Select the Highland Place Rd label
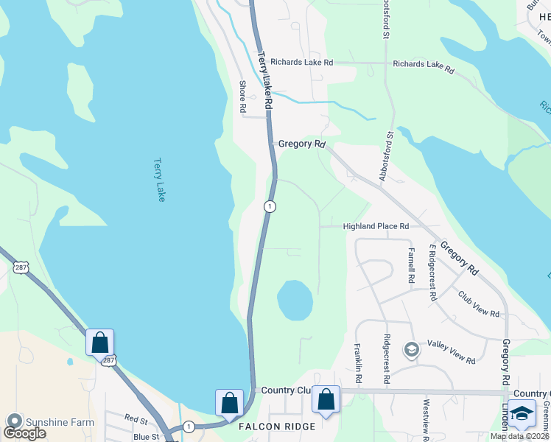click(376, 226)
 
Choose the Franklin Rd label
click(357, 362)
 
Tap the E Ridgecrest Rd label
click(432, 273)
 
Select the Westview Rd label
click(426, 415)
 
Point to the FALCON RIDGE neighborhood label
click(277, 427)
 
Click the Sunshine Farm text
click(60, 421)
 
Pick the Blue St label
click(146, 437)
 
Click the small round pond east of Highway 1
click(295, 300)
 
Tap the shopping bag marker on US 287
click(99, 343)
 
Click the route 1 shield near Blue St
click(189, 426)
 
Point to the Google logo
click(24, 432)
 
